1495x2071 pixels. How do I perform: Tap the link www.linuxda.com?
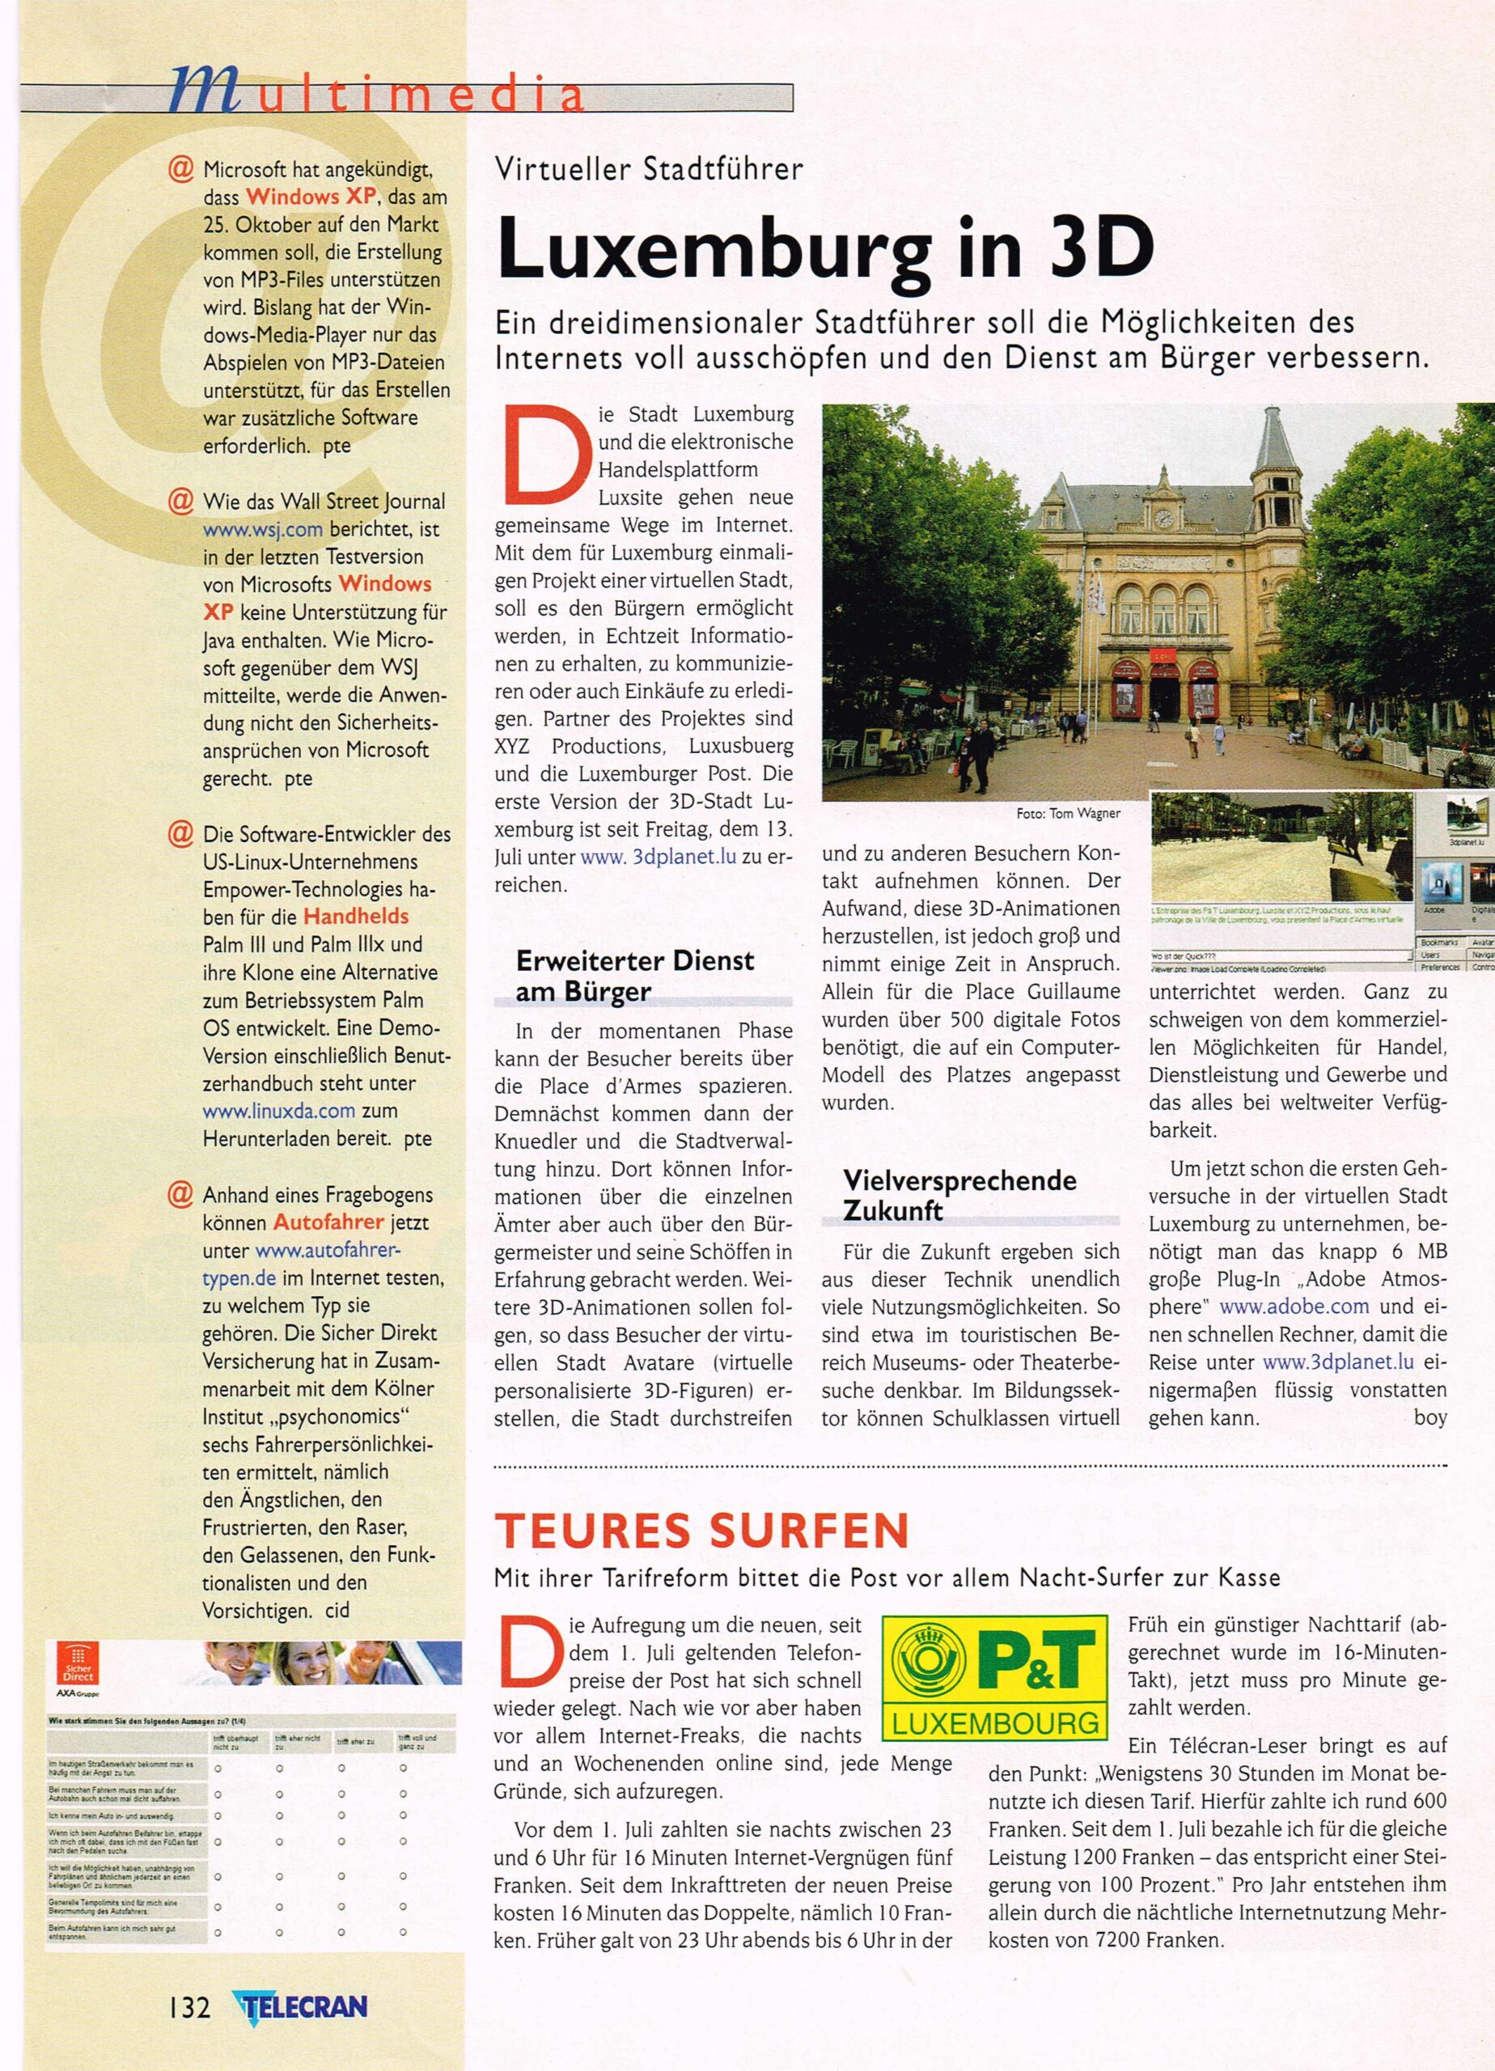[x=278, y=1112]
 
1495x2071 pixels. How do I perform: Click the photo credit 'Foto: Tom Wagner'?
[x=1068, y=814]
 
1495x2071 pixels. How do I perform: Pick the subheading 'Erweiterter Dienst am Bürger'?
[x=635, y=976]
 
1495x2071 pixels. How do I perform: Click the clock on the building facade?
[x=1163, y=519]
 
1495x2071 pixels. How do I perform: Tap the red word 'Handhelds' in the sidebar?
[x=356, y=916]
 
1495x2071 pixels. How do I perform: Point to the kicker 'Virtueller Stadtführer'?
[x=649, y=169]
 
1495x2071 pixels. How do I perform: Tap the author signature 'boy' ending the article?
[x=1430, y=1418]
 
